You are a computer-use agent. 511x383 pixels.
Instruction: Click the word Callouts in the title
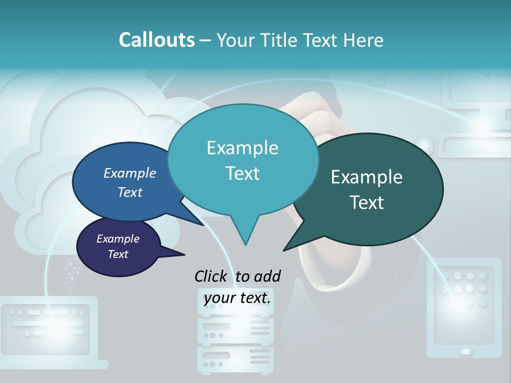156,40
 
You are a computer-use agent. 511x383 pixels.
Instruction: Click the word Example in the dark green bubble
367,177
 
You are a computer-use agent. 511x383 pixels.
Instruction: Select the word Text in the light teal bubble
243,173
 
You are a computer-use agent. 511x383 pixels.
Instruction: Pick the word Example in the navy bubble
118,239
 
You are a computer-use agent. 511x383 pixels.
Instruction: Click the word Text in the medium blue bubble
130,192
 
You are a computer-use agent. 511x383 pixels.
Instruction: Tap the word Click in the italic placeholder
211,276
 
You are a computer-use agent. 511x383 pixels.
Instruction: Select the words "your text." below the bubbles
237,298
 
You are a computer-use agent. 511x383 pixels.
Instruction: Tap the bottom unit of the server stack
235,359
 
